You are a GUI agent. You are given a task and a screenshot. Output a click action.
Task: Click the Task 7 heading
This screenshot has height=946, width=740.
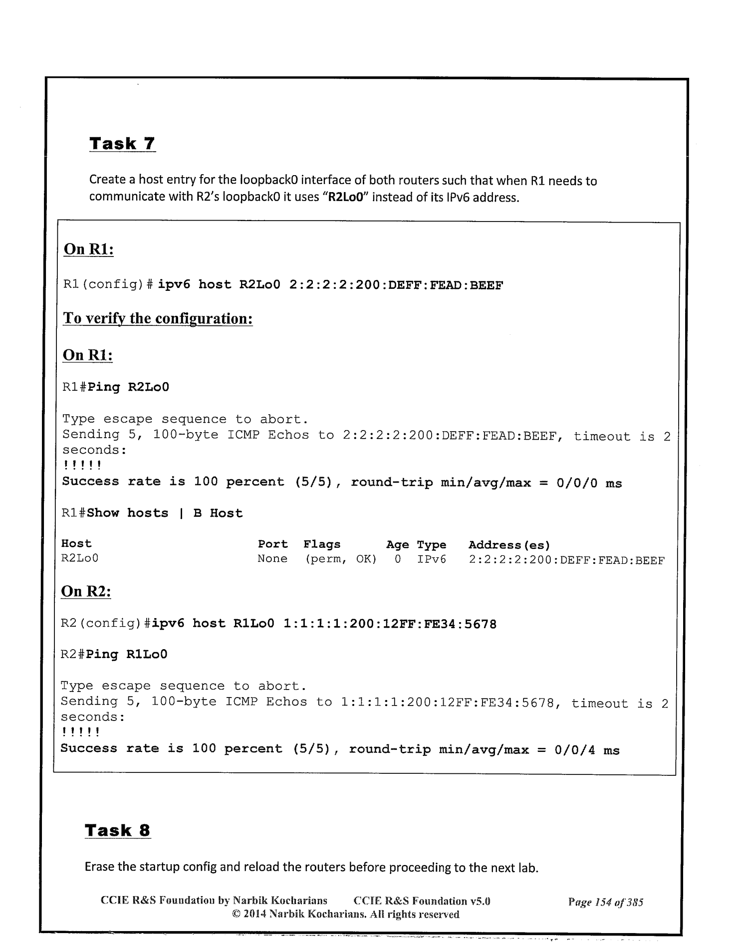click(x=122, y=144)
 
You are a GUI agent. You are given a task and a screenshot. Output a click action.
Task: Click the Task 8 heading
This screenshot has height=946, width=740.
click(x=118, y=830)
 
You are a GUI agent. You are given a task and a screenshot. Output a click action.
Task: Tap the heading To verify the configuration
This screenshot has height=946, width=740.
click(x=158, y=318)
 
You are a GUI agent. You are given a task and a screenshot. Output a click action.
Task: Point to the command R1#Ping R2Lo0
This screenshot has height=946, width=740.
click(x=116, y=387)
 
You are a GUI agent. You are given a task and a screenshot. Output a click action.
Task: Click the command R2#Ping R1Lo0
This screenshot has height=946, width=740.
click(x=114, y=654)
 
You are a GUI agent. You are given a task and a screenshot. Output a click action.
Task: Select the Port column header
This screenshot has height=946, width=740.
click(x=272, y=544)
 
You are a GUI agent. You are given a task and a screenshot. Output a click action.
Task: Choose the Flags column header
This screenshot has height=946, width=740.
click(x=322, y=544)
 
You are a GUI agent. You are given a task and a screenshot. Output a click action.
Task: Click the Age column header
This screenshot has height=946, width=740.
click(x=397, y=545)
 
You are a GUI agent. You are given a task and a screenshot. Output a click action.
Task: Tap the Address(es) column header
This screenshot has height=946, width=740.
click(x=509, y=545)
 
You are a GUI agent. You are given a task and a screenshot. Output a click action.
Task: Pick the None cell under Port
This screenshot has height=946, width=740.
click(x=272, y=559)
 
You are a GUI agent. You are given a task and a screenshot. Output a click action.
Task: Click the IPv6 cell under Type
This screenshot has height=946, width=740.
click(x=432, y=559)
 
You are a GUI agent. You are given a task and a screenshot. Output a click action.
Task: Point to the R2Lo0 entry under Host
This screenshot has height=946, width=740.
click(x=80, y=558)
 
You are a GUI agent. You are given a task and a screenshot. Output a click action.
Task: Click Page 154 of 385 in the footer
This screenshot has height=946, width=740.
click(x=605, y=902)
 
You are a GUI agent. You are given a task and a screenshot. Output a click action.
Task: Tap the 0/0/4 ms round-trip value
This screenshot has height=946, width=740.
click(x=587, y=749)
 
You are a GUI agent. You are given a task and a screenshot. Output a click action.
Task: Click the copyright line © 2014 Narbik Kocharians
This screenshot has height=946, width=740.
click(x=346, y=915)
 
